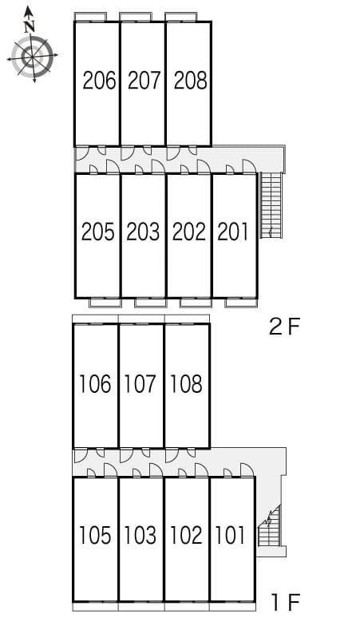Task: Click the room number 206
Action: click(x=99, y=81)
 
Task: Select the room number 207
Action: click(x=144, y=81)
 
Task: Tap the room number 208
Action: click(x=190, y=81)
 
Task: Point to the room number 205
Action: click(x=98, y=232)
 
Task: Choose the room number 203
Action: click(x=143, y=232)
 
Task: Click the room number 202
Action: click(x=188, y=232)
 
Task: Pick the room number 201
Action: click(x=233, y=232)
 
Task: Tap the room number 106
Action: click(x=96, y=385)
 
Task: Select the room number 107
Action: click(x=140, y=385)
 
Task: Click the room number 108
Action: click(x=186, y=385)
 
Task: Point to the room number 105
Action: click(x=96, y=535)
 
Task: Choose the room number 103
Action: click(x=140, y=535)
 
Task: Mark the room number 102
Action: click(x=186, y=535)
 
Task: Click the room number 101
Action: click(x=231, y=535)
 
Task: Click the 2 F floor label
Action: click(x=283, y=327)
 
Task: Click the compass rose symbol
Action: click(x=32, y=57)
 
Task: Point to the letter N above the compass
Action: click(x=30, y=26)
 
